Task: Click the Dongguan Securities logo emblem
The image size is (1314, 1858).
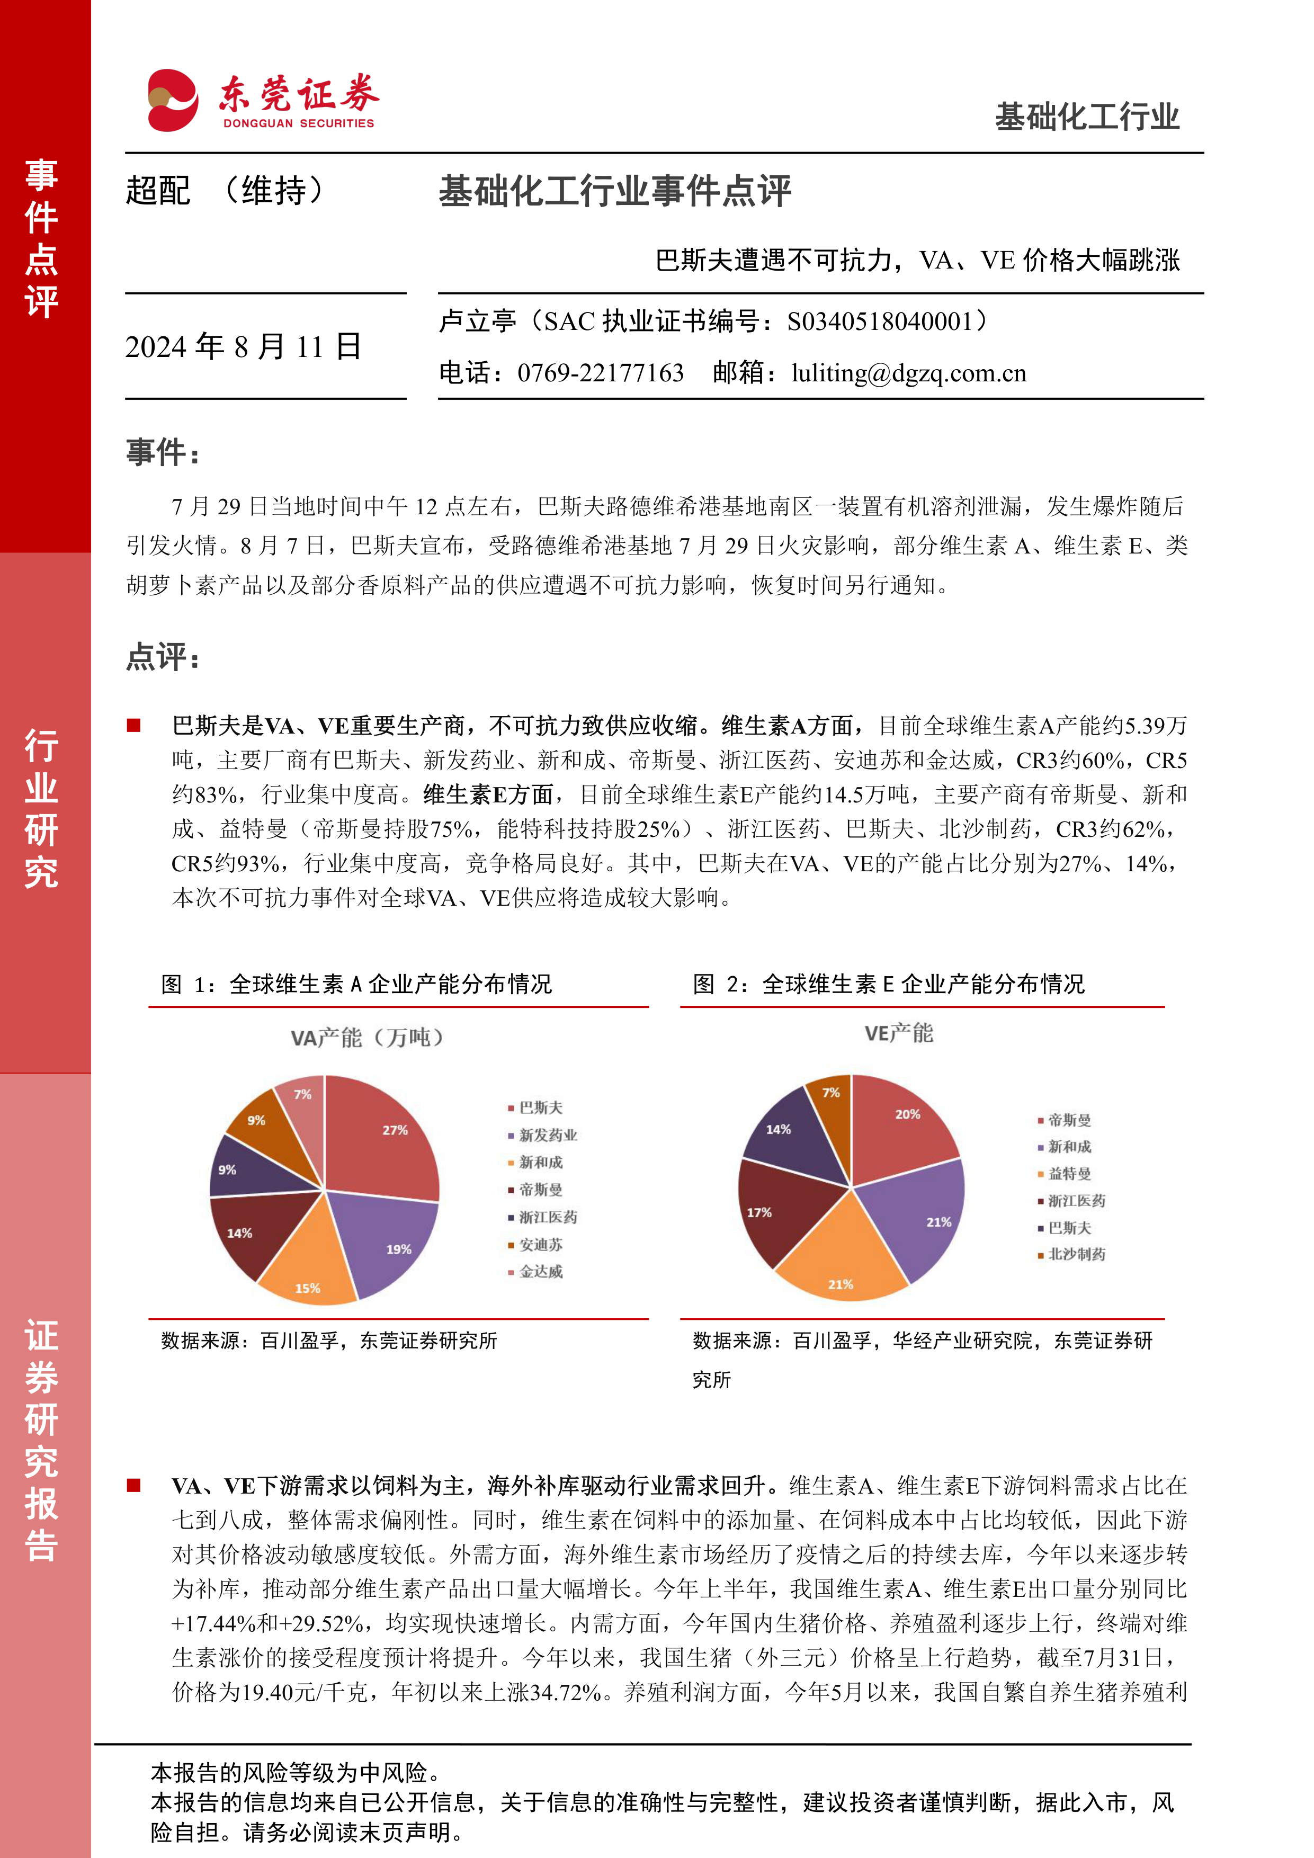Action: tap(172, 100)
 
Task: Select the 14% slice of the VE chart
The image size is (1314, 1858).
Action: tap(789, 1133)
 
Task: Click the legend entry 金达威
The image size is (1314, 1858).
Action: tap(541, 1271)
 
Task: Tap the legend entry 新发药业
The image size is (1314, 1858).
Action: tap(548, 1136)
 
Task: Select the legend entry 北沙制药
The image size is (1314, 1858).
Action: tap(1076, 1254)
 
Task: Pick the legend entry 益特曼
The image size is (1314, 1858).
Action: tap(1069, 1173)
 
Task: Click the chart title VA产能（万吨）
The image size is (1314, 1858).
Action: tap(368, 1038)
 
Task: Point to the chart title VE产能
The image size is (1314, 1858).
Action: tap(898, 1033)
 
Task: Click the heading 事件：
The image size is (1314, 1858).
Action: tap(163, 452)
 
